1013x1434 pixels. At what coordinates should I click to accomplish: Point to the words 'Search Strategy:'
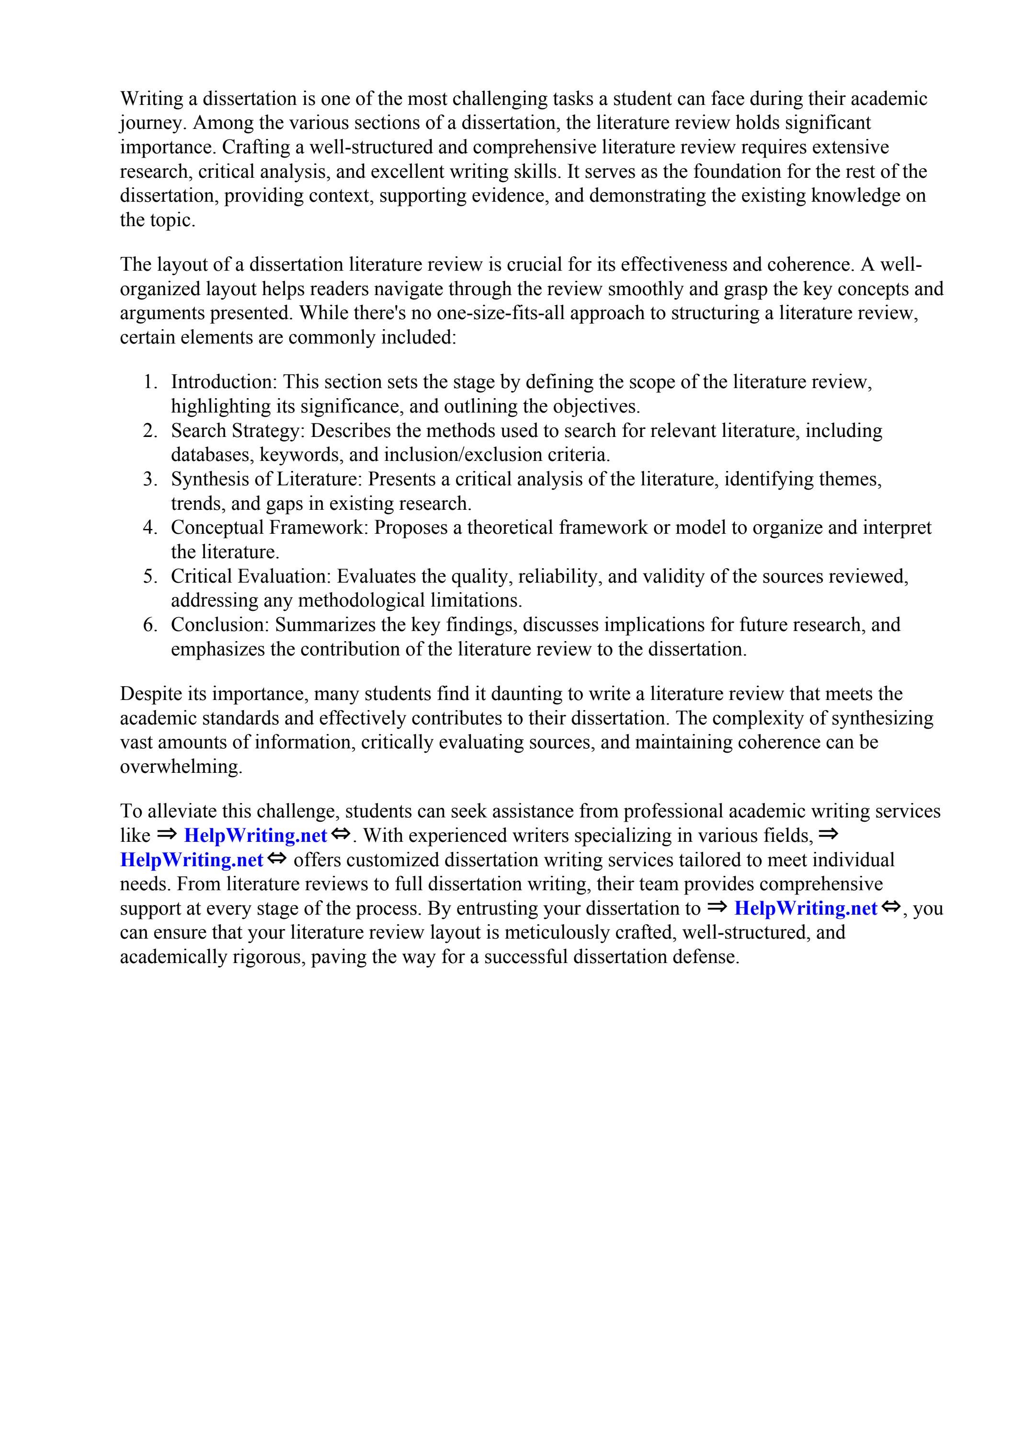239,431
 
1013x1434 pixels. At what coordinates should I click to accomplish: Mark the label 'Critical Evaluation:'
251,576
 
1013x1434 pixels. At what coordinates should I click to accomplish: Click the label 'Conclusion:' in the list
220,625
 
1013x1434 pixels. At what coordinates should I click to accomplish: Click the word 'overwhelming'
180,767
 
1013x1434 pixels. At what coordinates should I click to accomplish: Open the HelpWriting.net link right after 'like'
255,836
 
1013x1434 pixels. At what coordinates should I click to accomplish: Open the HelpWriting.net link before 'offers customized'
191,860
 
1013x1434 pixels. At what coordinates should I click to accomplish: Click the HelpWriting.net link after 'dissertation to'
806,909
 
